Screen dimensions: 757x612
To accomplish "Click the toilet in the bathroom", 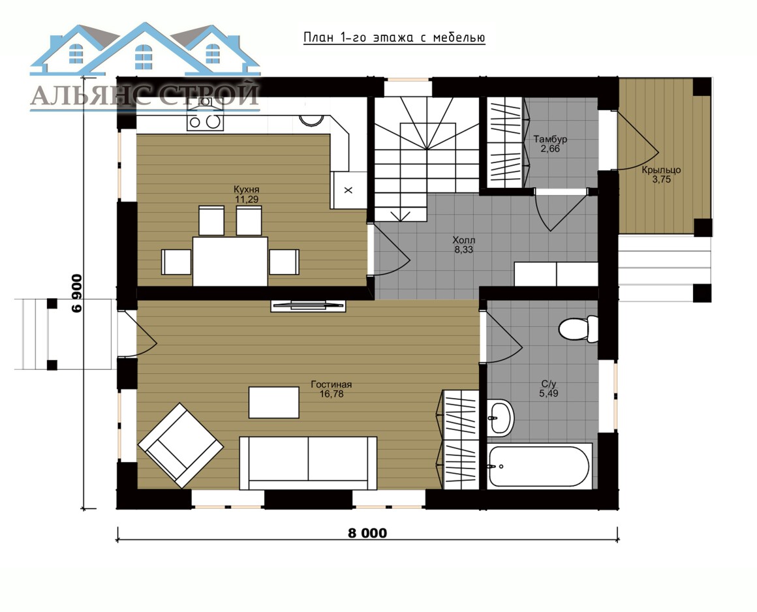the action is (x=578, y=329).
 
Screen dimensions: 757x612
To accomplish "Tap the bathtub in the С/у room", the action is (x=539, y=467).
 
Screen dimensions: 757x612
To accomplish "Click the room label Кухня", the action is (x=246, y=189).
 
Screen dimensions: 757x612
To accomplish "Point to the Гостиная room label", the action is (x=332, y=385).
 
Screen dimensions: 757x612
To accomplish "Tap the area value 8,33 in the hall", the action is (x=463, y=249).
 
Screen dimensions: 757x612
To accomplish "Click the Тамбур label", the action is (x=550, y=140).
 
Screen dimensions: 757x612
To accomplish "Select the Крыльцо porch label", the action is (x=661, y=170).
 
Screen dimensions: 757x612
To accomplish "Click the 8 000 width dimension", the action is (x=367, y=533).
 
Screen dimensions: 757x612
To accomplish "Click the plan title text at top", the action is (x=394, y=38).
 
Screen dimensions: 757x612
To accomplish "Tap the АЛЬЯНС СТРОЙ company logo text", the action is (x=145, y=95).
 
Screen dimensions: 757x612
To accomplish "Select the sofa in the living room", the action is (x=308, y=463).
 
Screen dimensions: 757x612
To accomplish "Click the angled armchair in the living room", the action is (x=181, y=445).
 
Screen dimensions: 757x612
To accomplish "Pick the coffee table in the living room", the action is (x=273, y=402).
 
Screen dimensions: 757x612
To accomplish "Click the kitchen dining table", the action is (x=230, y=261).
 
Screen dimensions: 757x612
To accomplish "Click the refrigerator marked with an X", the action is (x=348, y=190).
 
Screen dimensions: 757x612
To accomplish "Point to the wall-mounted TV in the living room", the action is (x=308, y=305).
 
